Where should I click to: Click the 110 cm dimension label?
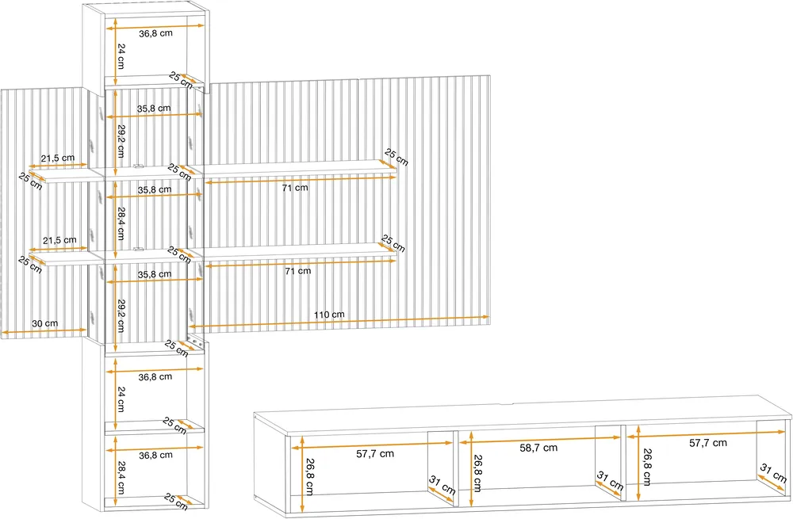(x=329, y=315)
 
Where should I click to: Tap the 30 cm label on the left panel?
(x=45, y=323)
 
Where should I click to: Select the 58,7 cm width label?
(x=538, y=448)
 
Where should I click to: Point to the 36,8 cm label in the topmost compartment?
(x=155, y=33)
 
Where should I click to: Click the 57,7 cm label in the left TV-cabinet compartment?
(x=375, y=454)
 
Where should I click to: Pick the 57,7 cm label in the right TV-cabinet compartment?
(x=708, y=443)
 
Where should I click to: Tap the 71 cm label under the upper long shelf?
(x=295, y=188)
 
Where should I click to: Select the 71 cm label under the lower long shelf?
(x=298, y=271)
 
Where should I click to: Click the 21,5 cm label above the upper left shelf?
(x=58, y=158)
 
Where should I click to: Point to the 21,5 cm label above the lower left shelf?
(x=59, y=241)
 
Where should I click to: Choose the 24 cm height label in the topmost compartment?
(x=121, y=56)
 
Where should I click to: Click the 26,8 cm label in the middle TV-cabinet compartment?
(x=478, y=473)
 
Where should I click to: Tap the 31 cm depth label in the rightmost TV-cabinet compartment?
(x=774, y=474)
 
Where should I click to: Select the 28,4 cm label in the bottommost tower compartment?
(x=121, y=477)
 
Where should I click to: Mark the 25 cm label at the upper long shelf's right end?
(x=396, y=157)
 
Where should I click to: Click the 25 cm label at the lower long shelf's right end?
(x=393, y=243)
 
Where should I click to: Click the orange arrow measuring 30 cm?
(x=44, y=331)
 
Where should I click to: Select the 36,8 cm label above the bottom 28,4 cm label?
(x=155, y=456)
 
